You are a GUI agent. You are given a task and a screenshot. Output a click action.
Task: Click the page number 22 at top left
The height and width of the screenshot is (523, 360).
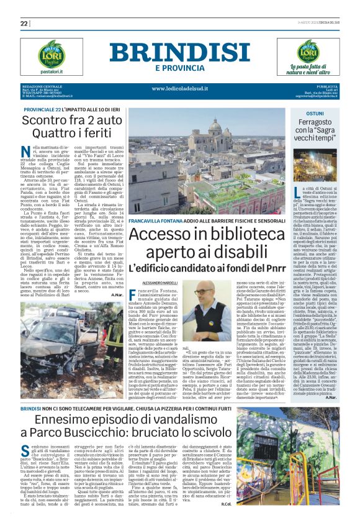pos(24,24)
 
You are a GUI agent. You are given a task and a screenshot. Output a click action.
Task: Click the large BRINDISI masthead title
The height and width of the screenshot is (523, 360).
pos(180,52)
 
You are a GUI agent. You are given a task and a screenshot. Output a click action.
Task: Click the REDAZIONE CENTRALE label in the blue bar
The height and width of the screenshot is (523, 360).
pos(42,86)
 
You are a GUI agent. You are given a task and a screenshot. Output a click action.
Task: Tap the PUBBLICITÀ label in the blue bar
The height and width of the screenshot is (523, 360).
pos(326,86)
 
